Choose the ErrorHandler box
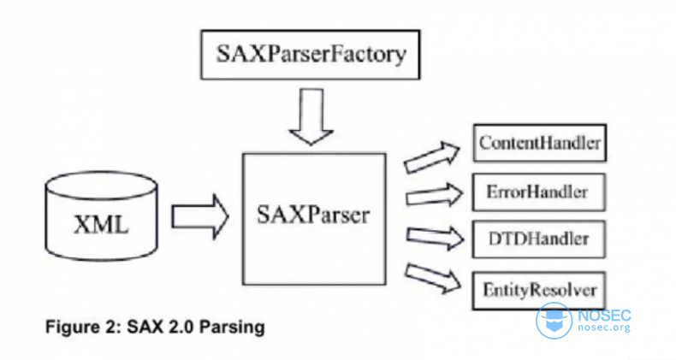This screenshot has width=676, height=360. pos(539,190)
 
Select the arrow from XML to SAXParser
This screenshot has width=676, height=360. pos(199,215)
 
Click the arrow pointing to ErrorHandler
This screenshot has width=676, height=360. pos(434,196)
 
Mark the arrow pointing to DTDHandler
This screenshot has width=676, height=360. pos(434,235)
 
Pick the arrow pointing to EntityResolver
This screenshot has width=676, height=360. pos(434,275)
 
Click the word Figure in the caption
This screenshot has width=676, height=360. pos(68,328)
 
